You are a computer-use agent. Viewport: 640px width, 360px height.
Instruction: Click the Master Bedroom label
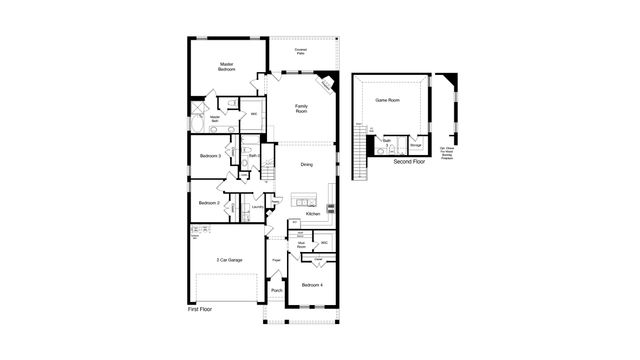[x=227, y=67]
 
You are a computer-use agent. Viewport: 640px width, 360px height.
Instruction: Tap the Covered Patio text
[x=301, y=51]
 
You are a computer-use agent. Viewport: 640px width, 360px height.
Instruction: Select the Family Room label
[x=301, y=109]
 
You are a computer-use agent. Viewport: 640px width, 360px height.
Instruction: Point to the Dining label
[x=307, y=164]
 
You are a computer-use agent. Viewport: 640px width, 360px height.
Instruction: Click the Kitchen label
[x=313, y=213]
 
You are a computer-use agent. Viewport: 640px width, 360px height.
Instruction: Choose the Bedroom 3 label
[x=210, y=156]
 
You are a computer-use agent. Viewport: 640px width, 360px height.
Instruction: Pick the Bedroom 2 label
[x=209, y=203]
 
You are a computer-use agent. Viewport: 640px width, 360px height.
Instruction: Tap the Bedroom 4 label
[x=313, y=286]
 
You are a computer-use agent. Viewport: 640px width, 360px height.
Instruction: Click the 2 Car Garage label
[x=229, y=260]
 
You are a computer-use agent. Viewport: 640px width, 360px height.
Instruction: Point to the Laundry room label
[x=257, y=207]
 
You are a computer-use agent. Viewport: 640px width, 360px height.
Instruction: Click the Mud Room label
[x=301, y=243]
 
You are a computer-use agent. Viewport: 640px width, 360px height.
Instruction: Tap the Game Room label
[x=387, y=101]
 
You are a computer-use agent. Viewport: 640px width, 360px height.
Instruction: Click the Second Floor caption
[x=409, y=161]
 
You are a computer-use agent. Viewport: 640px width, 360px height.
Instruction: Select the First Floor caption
[x=200, y=310]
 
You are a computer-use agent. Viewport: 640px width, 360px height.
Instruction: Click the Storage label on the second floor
[x=416, y=146]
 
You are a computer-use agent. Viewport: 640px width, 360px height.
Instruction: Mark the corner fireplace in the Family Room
[x=328, y=86]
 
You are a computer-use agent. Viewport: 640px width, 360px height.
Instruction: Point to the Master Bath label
[x=215, y=120]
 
